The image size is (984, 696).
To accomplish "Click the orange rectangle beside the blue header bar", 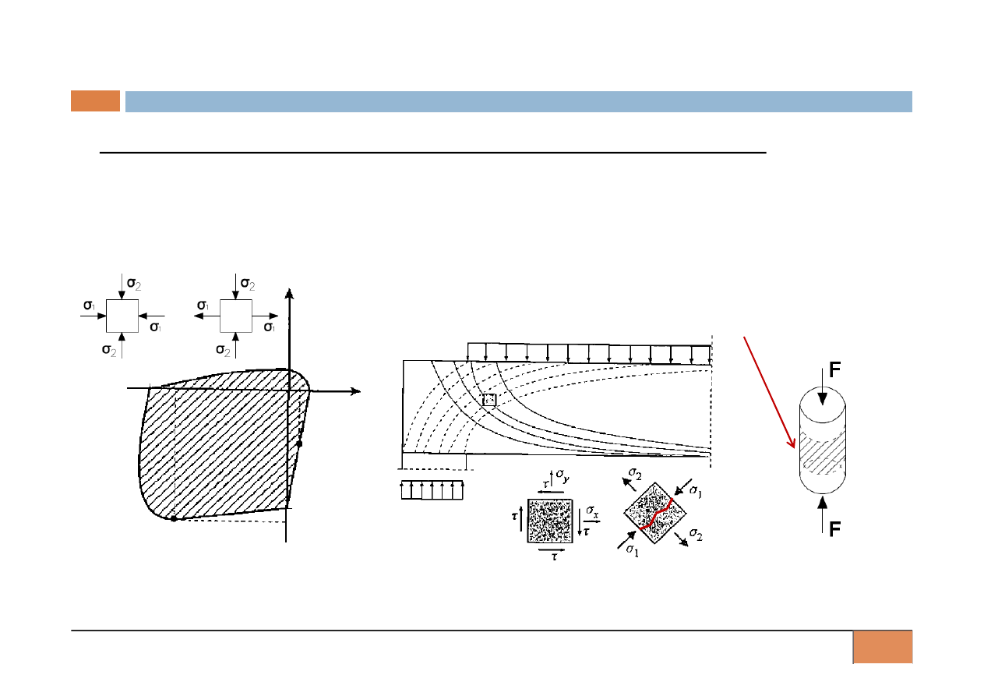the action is [x=95, y=101].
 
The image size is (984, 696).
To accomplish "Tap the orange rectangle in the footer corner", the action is [x=883, y=647].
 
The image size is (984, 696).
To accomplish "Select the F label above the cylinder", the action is [x=834, y=369].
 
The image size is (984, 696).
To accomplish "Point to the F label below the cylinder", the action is [x=834, y=529].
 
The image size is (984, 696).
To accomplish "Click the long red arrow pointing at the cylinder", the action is [x=769, y=392].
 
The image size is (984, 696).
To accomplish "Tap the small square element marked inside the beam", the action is [x=489, y=400].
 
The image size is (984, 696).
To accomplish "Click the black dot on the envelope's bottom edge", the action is [x=174, y=519].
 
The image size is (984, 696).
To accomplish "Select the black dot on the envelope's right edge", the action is [x=300, y=443].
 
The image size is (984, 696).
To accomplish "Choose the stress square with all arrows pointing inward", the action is [x=122, y=316].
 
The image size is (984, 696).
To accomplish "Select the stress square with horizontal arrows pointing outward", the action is [x=236, y=316].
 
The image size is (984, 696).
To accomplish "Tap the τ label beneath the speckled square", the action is [x=555, y=556].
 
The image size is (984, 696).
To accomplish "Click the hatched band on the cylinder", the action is [x=823, y=453].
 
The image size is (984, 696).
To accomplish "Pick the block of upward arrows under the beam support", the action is [x=432, y=490].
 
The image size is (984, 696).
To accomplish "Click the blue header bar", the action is [x=519, y=101].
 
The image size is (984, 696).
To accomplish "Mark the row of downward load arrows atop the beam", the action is [x=589, y=354].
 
